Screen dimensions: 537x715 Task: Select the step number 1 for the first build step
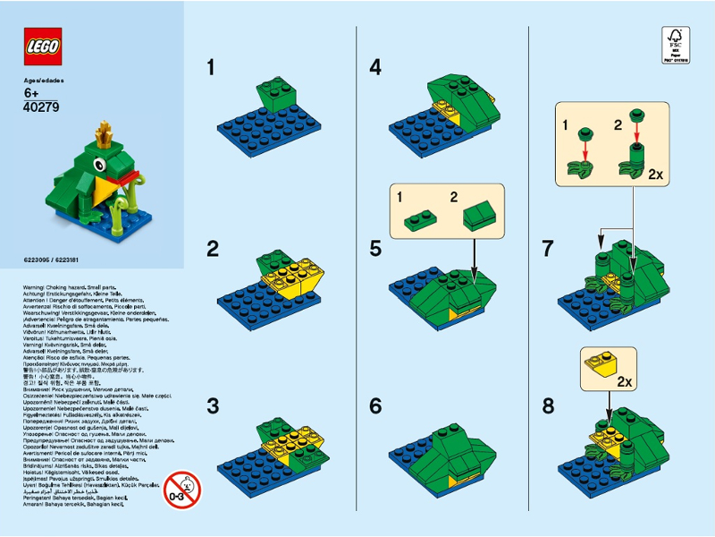point(211,67)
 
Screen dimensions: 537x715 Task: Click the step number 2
point(212,249)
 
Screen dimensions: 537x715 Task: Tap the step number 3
point(212,405)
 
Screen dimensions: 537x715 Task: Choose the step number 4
point(375,67)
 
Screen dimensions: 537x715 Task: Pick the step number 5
point(375,249)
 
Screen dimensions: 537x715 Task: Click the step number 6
point(375,405)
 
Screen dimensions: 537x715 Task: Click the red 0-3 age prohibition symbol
point(182,490)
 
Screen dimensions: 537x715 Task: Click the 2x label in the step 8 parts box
point(626,380)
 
